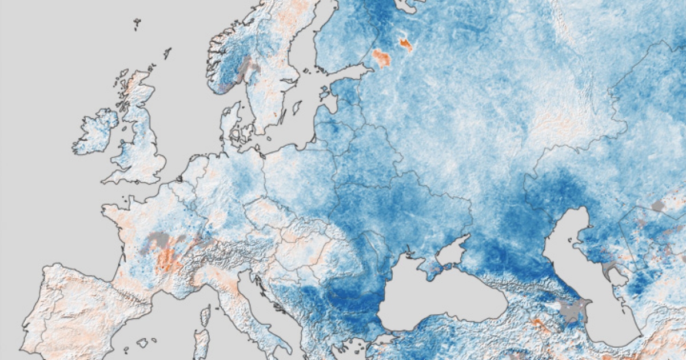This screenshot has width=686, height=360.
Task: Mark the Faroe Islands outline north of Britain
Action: [137, 24]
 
